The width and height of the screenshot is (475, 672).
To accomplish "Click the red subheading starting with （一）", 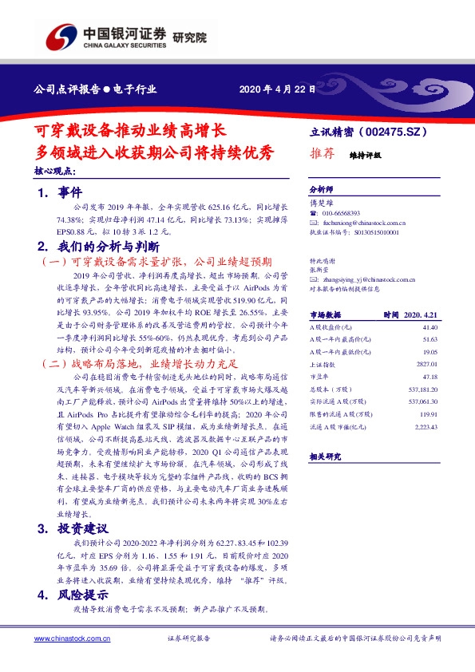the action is point(156,261).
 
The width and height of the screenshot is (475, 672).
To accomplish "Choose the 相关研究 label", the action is point(324,456).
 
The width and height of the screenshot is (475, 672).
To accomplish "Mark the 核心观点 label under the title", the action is point(54,171).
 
